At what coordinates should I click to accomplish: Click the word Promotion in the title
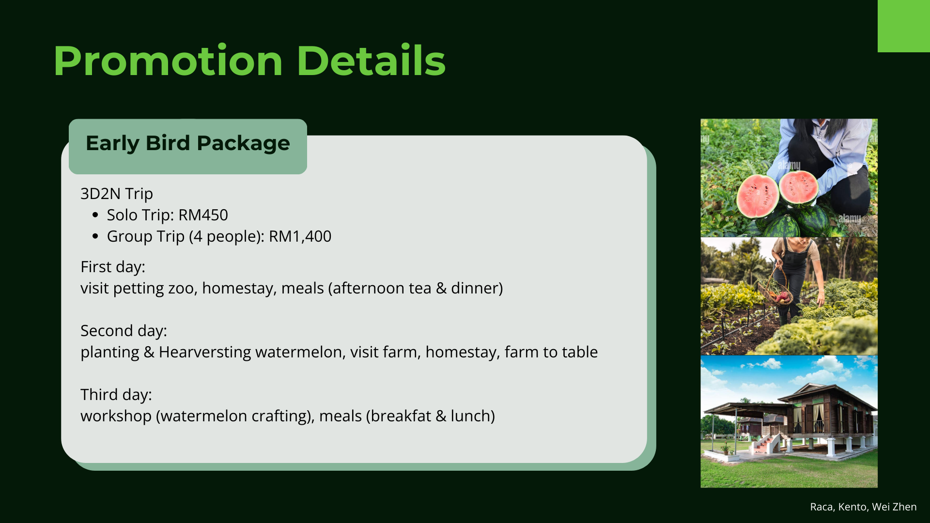(168, 61)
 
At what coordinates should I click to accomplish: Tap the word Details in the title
(371, 61)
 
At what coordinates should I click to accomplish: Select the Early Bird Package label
(188, 143)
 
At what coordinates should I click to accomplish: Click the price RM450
(203, 215)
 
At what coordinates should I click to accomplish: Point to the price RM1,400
(300, 236)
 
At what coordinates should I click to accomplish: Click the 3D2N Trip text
(117, 194)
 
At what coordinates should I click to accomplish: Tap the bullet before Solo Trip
(95, 215)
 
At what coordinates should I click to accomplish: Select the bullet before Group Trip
(95, 236)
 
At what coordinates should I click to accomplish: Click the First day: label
(113, 267)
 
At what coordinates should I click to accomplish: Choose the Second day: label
(124, 331)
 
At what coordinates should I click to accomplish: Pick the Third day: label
(116, 395)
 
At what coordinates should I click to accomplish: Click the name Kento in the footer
(852, 507)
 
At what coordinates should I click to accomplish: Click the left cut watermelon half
(758, 196)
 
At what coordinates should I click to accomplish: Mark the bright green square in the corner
(904, 26)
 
